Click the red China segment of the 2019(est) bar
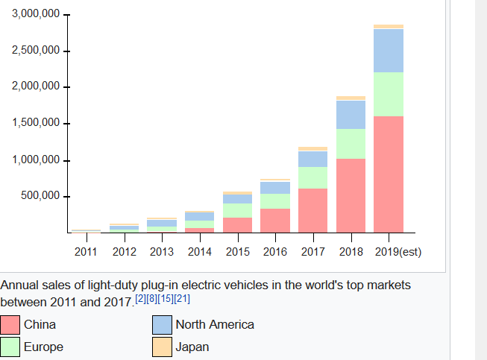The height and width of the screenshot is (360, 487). [x=388, y=174]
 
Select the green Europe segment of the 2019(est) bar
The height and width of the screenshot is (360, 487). [x=388, y=94]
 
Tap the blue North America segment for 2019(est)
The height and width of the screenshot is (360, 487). [x=388, y=51]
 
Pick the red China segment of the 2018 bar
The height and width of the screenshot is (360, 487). [x=351, y=195]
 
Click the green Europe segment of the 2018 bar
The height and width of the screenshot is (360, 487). [x=351, y=144]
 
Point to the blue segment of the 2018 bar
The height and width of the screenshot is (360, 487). [x=351, y=115]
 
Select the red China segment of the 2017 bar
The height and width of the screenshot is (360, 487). [x=312, y=210]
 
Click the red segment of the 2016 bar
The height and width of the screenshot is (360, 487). [x=275, y=221]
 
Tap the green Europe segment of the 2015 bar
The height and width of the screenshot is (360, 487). [x=237, y=210]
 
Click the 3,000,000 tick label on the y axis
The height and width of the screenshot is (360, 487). [x=35, y=16]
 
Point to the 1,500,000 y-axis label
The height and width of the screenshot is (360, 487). [x=35, y=124]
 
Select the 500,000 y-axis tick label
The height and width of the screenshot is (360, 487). [x=40, y=197]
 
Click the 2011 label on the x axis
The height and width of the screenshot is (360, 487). [x=87, y=252]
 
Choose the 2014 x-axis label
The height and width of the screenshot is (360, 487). [x=199, y=252]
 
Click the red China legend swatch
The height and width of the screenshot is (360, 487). [x=10, y=325]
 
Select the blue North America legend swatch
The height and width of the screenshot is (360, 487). [x=163, y=325]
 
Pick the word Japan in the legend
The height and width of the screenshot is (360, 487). [x=192, y=347]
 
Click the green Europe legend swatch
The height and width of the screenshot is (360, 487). [x=10, y=347]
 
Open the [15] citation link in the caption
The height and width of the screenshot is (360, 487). [x=165, y=299]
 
